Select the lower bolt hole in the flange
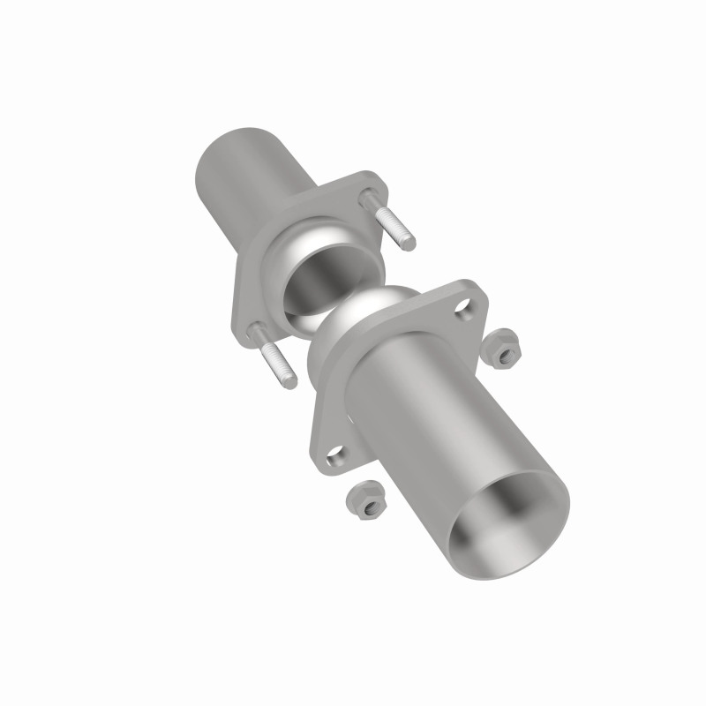click(337, 456)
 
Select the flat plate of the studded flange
click(256, 291)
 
